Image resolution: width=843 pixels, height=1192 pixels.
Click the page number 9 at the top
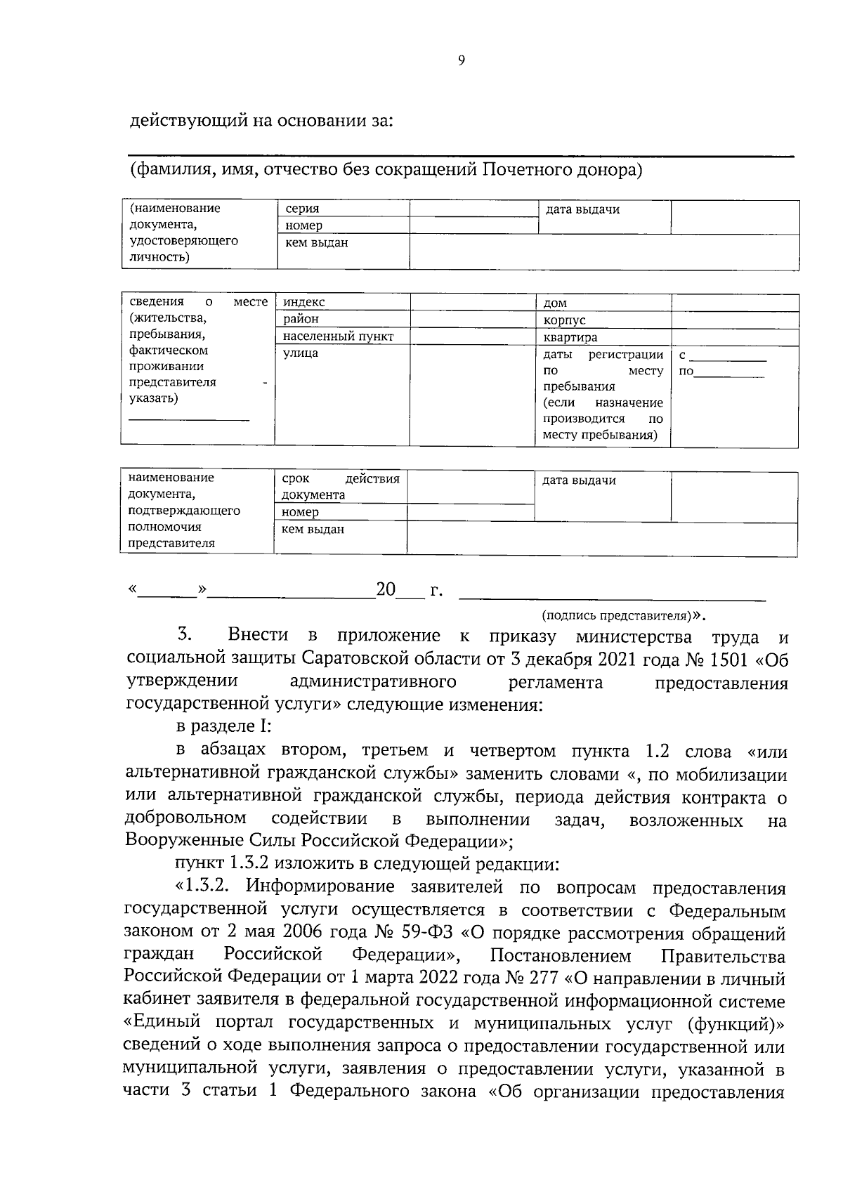461,60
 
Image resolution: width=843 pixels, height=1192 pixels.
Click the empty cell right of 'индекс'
473,302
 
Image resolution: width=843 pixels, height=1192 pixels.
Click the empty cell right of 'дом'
735,303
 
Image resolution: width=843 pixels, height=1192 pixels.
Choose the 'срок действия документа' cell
340,486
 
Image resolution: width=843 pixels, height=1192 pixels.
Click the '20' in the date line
386,589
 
